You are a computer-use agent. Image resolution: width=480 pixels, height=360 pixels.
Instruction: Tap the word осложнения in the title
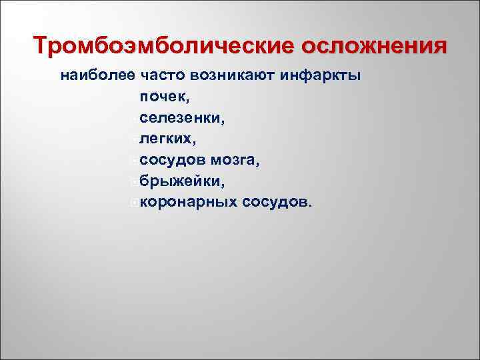click(x=375, y=47)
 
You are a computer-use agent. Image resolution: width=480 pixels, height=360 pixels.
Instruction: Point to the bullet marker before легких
click(x=135, y=139)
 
